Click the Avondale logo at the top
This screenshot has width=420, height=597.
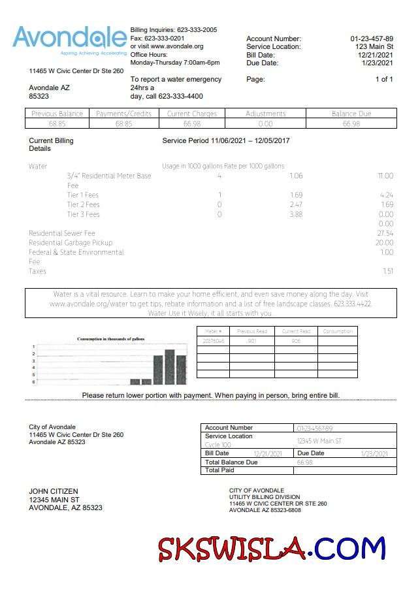(70, 40)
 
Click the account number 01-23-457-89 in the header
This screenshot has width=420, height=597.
(372, 39)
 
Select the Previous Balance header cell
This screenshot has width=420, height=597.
(57, 114)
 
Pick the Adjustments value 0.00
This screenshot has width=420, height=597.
(266, 123)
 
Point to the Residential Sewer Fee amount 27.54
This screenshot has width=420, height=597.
(385, 233)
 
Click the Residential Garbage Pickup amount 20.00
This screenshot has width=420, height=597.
(385, 243)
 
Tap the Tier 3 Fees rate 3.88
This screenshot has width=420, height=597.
(296, 214)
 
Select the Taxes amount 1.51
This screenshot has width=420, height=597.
(387, 271)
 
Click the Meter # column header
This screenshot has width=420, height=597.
(214, 332)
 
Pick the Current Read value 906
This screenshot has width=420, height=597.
(296, 341)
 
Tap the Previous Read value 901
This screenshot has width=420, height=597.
(251, 341)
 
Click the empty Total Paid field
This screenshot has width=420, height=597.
(344, 470)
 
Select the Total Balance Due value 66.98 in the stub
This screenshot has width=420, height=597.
(305, 462)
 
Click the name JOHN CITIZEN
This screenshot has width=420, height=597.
(54, 491)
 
